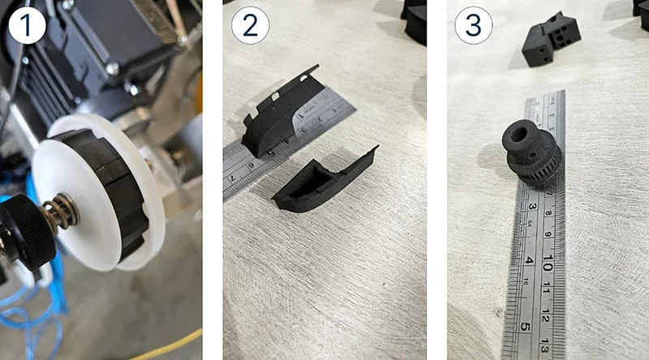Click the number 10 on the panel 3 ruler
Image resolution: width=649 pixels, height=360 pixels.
click(548, 265)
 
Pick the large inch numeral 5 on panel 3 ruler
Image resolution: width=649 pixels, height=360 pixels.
click(524, 328)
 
